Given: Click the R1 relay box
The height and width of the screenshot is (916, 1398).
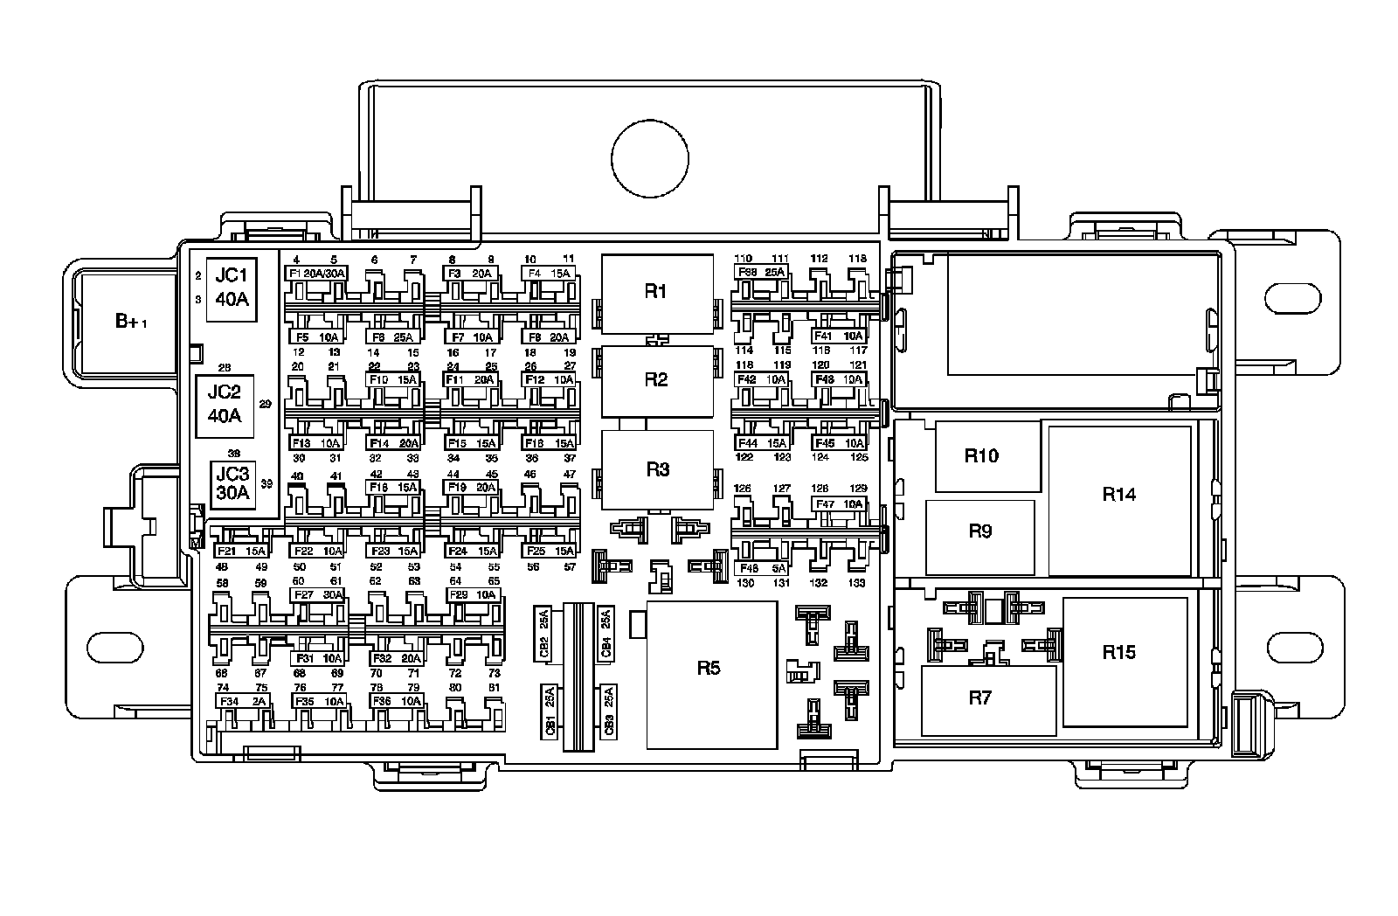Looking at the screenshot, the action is point(656,293).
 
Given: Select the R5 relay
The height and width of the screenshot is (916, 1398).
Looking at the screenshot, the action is point(710,674).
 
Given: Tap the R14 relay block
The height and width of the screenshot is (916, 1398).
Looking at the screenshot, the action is point(1119,500).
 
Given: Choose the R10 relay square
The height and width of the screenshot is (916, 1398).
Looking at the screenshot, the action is point(987,457).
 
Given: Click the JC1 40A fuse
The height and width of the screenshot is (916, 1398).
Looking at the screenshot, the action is point(232,289).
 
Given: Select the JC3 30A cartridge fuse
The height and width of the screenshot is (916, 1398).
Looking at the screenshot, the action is point(233,483).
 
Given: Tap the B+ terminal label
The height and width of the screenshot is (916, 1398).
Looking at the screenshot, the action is point(131,321).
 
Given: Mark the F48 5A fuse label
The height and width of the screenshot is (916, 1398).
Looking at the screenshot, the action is point(761,567).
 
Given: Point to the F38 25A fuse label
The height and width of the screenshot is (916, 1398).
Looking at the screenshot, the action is point(761,272).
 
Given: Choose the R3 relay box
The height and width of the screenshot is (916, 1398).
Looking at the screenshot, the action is point(657,469).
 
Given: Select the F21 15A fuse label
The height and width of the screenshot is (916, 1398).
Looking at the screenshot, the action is point(240,552).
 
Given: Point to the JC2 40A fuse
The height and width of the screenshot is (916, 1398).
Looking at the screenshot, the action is point(225,406).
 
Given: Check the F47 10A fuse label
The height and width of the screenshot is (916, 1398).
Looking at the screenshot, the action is point(838,504).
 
